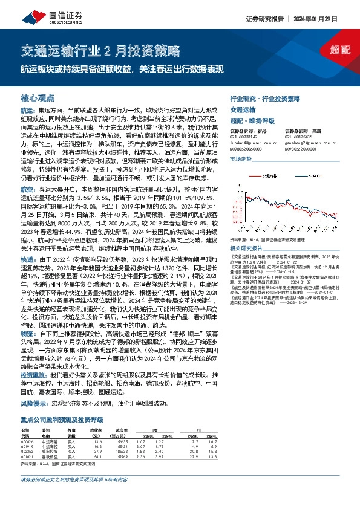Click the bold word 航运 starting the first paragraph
(x=28, y=112)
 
